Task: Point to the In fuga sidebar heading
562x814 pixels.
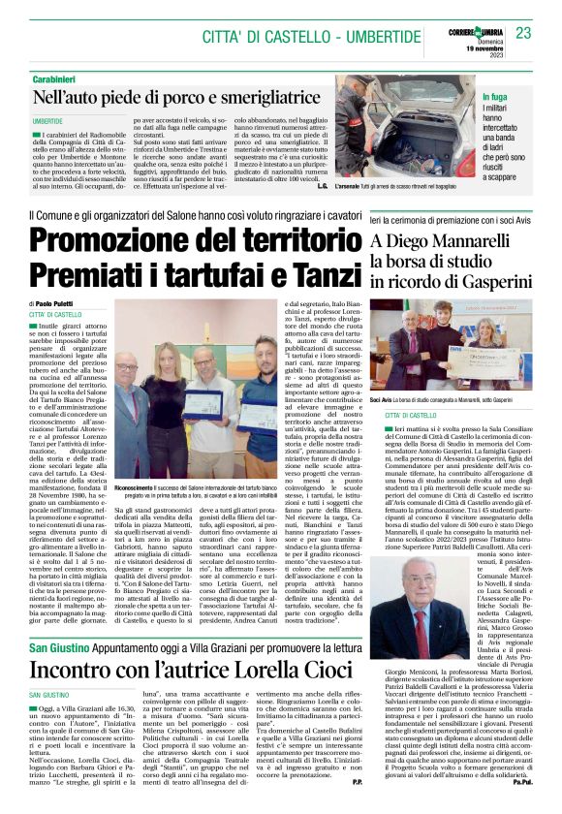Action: (x=495, y=98)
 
